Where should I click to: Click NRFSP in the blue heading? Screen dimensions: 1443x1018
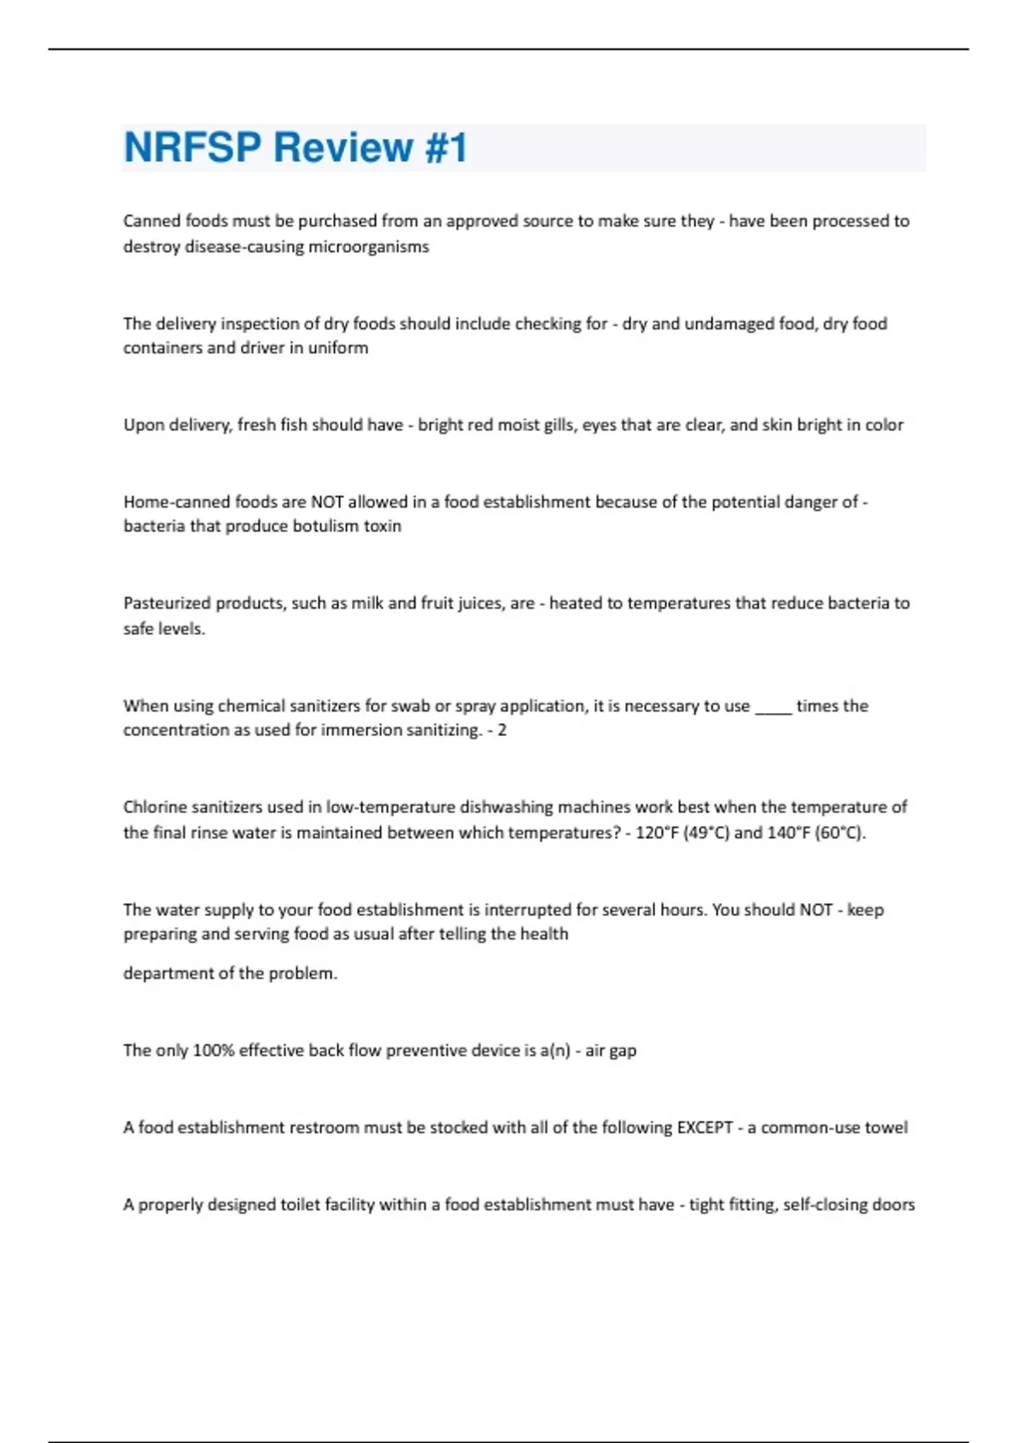[x=192, y=148]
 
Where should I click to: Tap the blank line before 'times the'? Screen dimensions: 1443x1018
[x=772, y=707]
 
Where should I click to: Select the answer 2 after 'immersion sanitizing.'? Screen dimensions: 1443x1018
[x=502, y=730]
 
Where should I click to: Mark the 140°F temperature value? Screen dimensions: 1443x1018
[x=787, y=833]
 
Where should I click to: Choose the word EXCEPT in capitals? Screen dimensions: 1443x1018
[x=704, y=1128]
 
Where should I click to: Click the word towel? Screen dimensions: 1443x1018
[x=886, y=1128]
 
